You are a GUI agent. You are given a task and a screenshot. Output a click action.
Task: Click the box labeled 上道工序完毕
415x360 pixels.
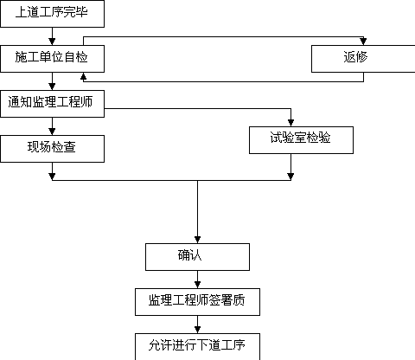(52, 14)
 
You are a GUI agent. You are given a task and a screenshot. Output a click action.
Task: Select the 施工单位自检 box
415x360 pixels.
(52, 59)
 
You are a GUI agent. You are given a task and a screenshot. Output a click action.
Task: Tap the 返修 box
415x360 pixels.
(363, 59)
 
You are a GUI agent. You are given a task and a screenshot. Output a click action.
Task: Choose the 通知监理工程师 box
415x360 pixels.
(52, 104)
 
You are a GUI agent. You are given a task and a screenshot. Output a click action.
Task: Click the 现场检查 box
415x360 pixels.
(52, 149)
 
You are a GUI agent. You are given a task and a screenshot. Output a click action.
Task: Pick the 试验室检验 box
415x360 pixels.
(301, 140)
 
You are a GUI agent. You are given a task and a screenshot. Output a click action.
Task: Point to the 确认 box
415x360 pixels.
(197, 257)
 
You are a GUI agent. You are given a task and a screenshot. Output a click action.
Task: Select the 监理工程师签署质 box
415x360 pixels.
(197, 302)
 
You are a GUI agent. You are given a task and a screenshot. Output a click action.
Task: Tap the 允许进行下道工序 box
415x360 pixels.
(197, 347)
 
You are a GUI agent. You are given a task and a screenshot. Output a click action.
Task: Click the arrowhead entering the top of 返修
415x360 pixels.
(363, 42)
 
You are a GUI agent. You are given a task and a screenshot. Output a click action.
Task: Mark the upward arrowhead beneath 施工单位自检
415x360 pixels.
(83, 76)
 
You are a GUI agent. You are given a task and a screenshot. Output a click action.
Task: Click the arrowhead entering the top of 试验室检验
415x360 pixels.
(290, 123)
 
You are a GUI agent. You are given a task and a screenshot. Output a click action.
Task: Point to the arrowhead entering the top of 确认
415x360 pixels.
(197, 240)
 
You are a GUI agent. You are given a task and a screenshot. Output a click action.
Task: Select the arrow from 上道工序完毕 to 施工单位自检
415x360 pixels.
(52, 36)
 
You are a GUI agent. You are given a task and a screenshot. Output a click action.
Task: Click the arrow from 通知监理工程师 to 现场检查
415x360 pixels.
(52, 126)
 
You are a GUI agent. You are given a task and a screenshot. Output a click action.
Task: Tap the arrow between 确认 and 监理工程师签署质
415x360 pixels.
(197, 280)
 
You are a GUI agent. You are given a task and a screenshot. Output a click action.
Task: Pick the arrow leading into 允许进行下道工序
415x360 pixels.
(197, 325)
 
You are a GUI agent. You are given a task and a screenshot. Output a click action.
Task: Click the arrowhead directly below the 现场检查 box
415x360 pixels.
(52, 177)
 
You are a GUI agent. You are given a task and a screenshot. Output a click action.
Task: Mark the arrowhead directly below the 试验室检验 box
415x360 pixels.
(290, 177)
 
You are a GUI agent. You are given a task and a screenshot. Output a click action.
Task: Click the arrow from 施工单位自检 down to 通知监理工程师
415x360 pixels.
(52, 81)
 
